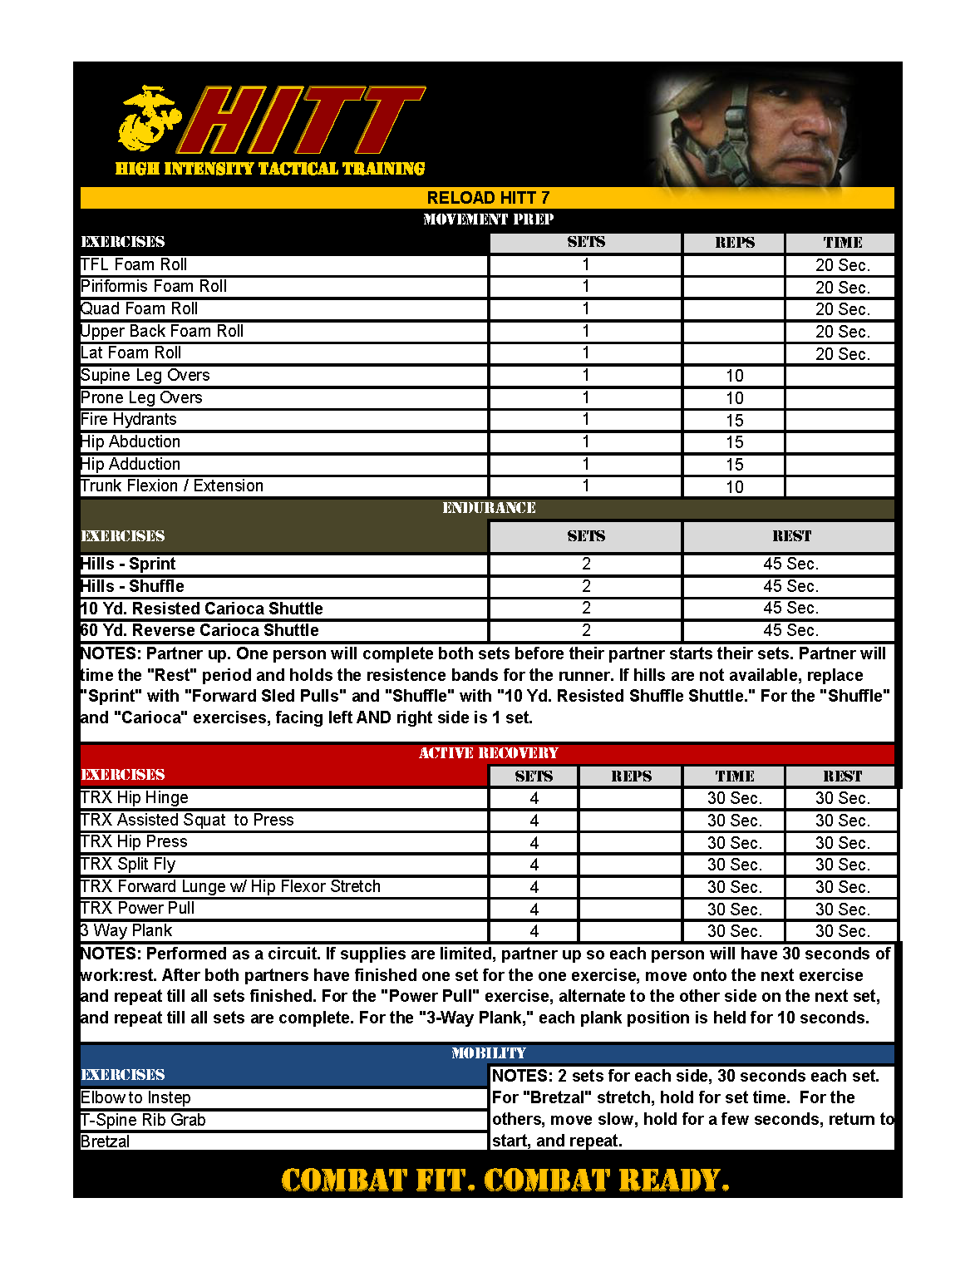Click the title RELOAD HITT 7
click(x=488, y=198)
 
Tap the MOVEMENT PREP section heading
click(x=488, y=219)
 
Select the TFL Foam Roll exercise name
click(x=134, y=264)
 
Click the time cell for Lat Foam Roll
click(x=842, y=354)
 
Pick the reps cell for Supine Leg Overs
click(x=734, y=376)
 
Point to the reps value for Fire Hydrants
click(x=734, y=421)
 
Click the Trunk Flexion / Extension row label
click(x=172, y=486)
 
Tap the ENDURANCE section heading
click(x=489, y=508)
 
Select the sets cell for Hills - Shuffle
click(x=586, y=586)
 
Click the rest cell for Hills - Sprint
click(x=790, y=564)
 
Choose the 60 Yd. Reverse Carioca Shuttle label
click(x=199, y=630)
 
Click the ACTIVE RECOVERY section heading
click(x=489, y=753)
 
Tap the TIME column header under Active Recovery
click(x=735, y=776)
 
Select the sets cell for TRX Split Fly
click(x=534, y=865)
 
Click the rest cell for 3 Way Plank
click(x=842, y=931)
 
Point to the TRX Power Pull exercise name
click(x=138, y=908)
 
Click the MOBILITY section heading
click(x=489, y=1053)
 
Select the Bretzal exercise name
click(x=106, y=1141)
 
